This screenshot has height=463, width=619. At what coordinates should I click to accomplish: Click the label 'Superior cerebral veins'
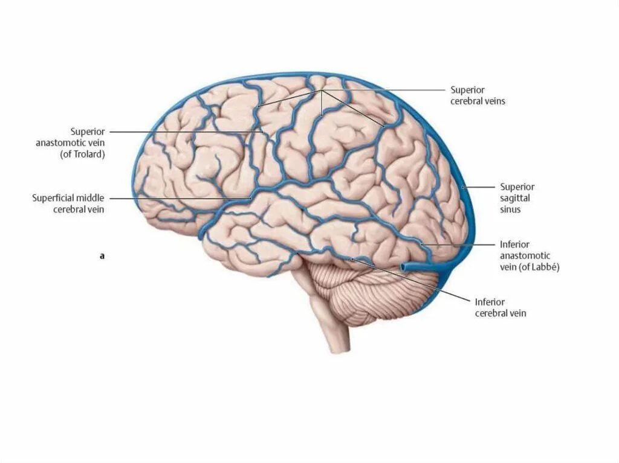click(478, 95)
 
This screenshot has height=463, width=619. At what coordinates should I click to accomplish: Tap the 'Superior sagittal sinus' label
click(517, 198)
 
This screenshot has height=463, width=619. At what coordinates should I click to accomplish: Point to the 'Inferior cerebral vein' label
click(500, 307)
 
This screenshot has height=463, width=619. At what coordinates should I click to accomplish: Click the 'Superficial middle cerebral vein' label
click(68, 203)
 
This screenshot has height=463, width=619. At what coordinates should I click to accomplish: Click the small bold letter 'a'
click(102, 256)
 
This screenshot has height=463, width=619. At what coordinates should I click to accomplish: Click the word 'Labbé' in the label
click(543, 267)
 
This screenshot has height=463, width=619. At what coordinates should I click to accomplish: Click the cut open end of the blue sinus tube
click(408, 266)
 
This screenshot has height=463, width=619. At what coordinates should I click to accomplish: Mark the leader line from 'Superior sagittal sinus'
click(481, 187)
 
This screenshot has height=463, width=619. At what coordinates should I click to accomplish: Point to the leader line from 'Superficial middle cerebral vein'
click(181, 198)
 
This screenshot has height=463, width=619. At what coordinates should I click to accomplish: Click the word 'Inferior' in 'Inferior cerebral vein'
click(490, 302)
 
